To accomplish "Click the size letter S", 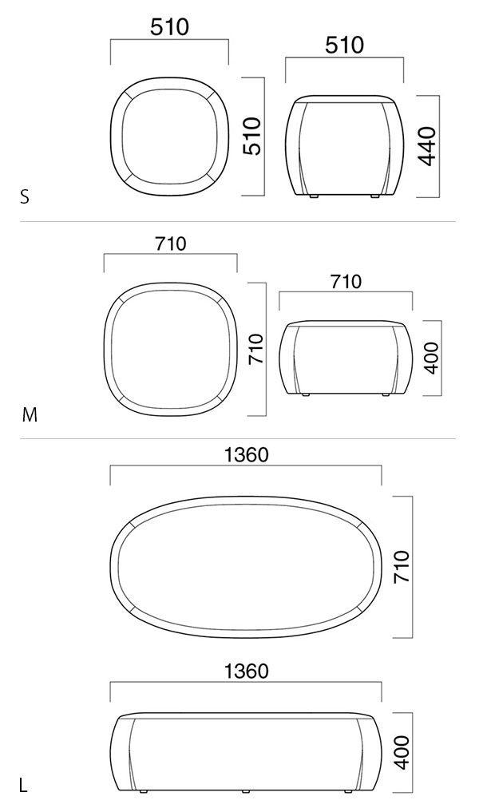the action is click(24, 197).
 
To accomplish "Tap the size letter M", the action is click(30, 415).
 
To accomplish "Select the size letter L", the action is click(23, 785).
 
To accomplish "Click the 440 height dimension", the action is click(428, 146).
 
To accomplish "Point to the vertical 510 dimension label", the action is click(253, 137).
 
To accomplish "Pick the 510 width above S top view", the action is click(170, 27).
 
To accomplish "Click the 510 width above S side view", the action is click(344, 46).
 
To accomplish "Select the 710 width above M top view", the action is click(170, 243).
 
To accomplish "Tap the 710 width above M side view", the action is click(346, 282).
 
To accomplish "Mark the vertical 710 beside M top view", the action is click(256, 349).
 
